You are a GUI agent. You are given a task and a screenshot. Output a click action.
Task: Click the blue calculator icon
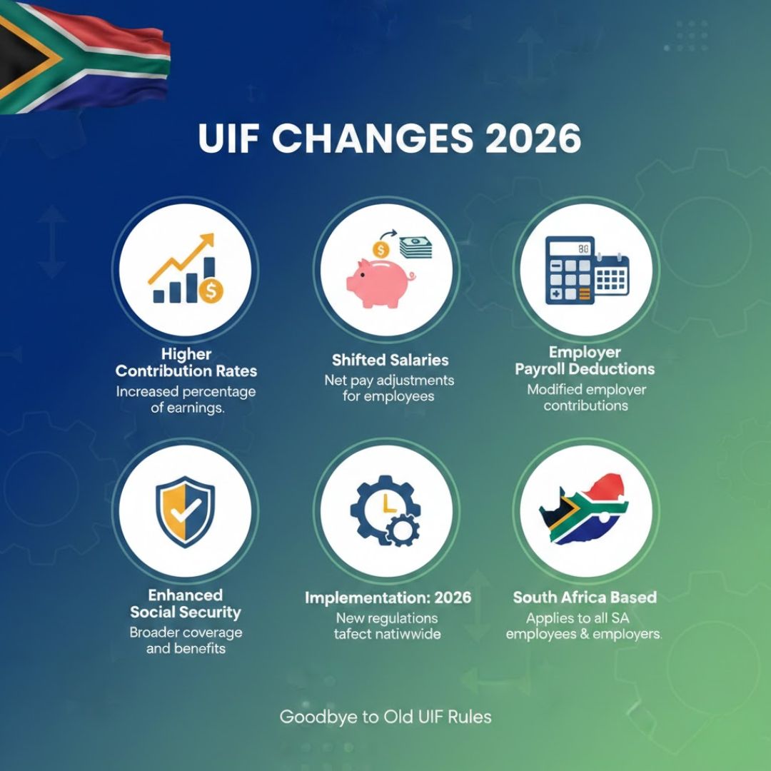569,270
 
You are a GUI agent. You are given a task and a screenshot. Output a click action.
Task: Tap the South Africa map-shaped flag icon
585,508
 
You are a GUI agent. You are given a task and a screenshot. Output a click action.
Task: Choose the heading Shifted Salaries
389,360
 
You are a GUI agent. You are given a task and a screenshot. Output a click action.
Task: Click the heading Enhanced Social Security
185,604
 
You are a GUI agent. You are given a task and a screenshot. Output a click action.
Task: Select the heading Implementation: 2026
388,597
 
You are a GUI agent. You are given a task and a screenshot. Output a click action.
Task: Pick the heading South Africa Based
585,597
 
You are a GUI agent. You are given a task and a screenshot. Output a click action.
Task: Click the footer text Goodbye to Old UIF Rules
385,717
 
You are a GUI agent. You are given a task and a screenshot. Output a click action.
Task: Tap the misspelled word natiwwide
410,633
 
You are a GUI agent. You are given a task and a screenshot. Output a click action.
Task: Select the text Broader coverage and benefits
185,640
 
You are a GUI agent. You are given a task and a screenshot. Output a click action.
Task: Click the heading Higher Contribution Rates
186,363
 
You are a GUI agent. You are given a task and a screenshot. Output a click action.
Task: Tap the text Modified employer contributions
586,398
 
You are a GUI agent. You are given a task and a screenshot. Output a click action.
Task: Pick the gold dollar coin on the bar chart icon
211,291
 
